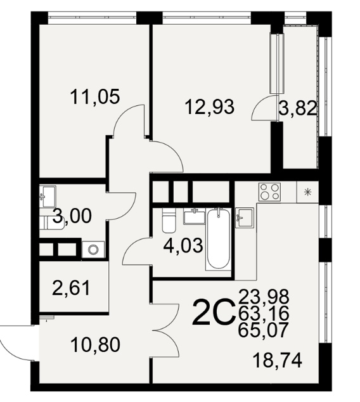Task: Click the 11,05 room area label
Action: coord(95,97)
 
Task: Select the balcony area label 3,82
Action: coord(297,108)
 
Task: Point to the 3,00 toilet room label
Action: coord(72,216)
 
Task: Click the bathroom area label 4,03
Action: coord(183,245)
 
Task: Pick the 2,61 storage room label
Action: coord(71,288)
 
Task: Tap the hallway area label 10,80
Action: coord(95,344)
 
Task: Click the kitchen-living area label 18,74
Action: coord(277,360)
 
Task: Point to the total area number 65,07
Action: coord(263,330)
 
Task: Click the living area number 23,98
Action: coord(264,296)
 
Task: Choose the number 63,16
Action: coord(264,313)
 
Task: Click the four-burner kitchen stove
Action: coord(269,192)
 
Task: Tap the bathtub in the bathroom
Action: coord(218,239)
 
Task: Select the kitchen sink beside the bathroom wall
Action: coord(245,217)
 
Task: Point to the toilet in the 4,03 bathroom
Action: coord(169,220)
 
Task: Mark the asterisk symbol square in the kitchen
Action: coord(307,191)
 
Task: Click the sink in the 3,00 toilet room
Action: coord(48,197)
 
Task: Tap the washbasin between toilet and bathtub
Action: coord(195,216)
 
